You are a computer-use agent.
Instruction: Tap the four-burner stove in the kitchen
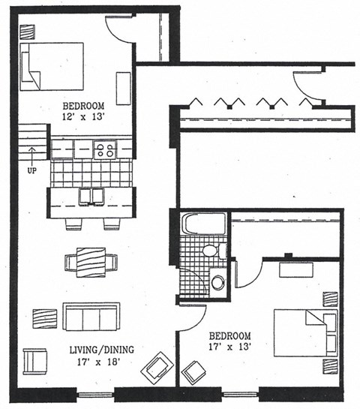click(105, 149)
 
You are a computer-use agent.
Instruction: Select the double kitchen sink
click(91, 197)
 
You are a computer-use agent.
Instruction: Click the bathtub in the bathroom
click(203, 224)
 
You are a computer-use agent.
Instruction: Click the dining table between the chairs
click(91, 263)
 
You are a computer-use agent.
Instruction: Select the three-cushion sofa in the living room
click(91, 317)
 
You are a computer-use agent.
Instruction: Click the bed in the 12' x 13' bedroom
click(52, 66)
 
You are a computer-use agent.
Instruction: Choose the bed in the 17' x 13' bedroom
click(304, 332)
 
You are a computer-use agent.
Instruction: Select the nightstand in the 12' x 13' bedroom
click(28, 32)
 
